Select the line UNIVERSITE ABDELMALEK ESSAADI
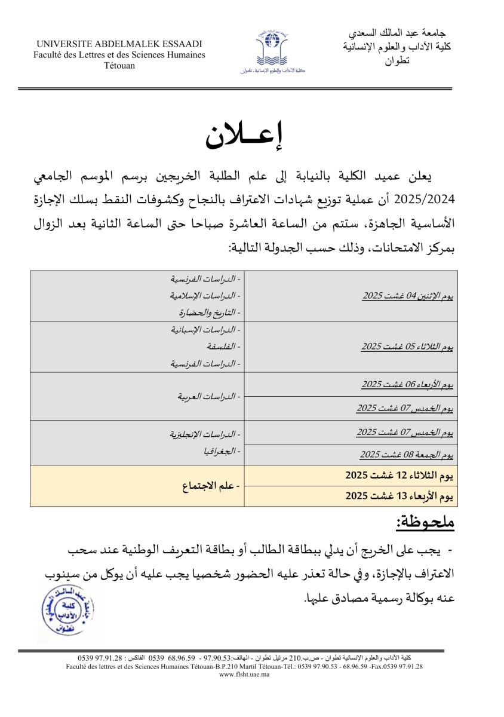[x=119, y=44]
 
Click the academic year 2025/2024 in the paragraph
[x=423, y=197]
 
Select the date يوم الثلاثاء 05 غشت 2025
[x=407, y=347]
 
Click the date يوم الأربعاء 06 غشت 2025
[x=407, y=384]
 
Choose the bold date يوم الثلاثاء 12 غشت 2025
[x=399, y=476]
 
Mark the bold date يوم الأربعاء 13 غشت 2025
[x=399, y=496]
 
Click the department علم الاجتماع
[x=210, y=486]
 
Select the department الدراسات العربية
[x=208, y=396]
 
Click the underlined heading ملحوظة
[x=425, y=522]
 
